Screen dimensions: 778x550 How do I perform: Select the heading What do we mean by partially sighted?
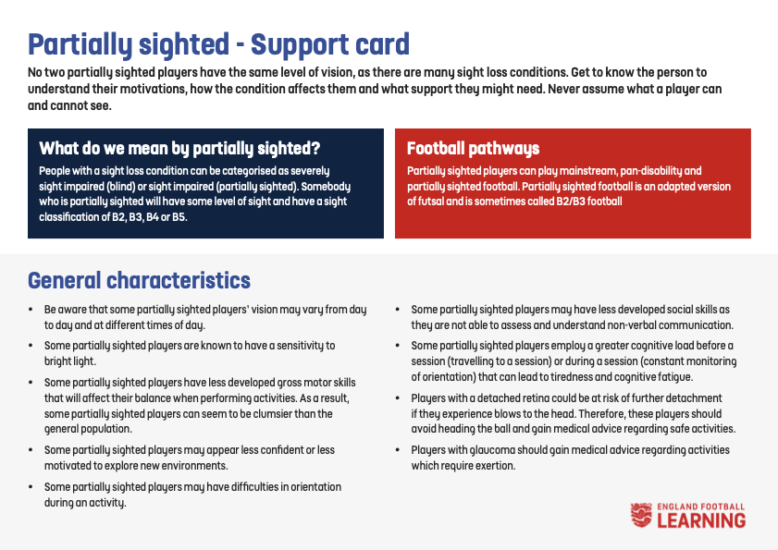[x=179, y=148]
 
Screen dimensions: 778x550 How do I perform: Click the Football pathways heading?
[x=473, y=148]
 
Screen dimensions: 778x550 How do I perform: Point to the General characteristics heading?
[x=139, y=280]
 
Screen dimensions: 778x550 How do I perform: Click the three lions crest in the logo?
[x=641, y=515]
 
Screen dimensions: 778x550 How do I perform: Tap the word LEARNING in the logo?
[x=701, y=520]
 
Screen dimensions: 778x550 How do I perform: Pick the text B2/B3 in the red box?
[x=570, y=202]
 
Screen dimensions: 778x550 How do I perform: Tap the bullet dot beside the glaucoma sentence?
[x=398, y=450]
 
